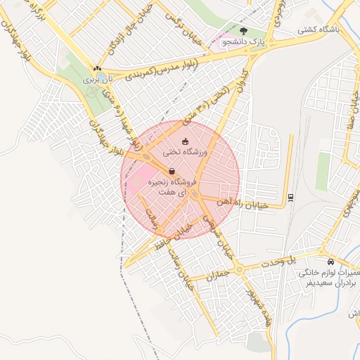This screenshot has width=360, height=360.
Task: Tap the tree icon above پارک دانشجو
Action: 244,31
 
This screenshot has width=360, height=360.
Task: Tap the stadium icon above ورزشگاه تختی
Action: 185,141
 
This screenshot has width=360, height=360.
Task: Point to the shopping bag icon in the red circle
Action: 172,171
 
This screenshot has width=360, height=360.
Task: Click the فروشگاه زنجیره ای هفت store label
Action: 172,186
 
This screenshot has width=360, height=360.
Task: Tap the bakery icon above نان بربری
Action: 97,69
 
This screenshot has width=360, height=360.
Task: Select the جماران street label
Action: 214,275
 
